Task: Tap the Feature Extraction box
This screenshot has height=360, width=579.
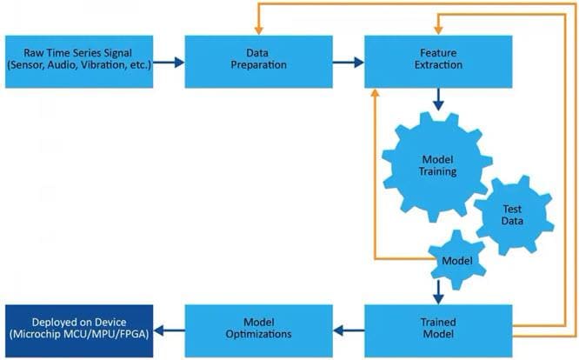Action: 436,62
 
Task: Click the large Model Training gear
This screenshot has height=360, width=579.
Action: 432,166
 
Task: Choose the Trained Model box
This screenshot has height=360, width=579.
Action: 436,330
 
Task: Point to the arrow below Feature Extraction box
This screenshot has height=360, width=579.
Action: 436,102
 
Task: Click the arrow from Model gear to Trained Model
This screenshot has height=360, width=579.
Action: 437,290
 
